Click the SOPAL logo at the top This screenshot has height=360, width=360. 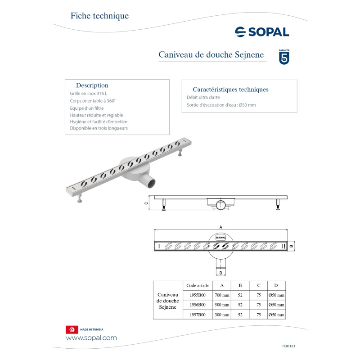262,31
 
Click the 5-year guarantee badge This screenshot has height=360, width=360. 284,57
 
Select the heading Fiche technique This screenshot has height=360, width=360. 99,16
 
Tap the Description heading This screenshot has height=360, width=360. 92,85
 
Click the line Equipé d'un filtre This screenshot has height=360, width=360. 87,108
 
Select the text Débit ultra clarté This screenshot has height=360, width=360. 203,97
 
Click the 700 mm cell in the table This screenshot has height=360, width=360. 222,295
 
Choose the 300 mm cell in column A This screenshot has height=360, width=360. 222,315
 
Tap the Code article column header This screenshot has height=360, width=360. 197,285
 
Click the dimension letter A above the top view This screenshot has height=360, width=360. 220,227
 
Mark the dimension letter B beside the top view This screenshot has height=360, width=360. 291,246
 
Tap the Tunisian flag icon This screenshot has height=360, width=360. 71,329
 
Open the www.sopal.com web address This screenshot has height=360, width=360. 91,338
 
